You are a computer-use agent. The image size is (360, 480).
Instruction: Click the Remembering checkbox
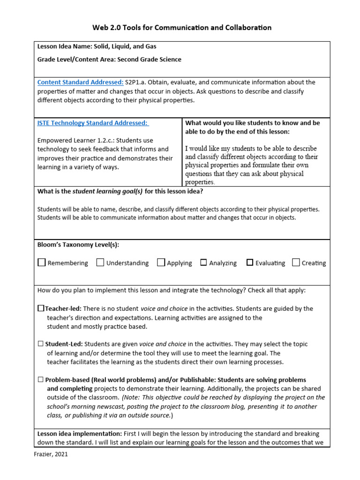click(42, 262)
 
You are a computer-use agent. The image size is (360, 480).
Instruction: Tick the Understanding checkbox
click(100, 262)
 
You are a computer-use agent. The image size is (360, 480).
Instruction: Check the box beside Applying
click(161, 262)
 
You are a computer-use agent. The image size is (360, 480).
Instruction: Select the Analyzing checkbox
click(203, 262)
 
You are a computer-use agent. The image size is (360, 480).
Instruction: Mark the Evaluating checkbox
click(249, 262)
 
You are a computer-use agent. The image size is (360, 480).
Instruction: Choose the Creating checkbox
click(296, 262)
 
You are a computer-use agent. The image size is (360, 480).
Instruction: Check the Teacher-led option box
click(41, 308)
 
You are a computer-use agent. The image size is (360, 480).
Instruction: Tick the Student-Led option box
click(40, 344)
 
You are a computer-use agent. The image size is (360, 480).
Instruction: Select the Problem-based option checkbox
click(40, 380)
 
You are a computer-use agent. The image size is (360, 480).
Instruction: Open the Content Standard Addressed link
click(80, 82)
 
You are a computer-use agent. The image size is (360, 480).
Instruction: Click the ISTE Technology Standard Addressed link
click(92, 123)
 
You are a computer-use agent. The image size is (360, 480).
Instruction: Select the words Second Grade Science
click(149, 60)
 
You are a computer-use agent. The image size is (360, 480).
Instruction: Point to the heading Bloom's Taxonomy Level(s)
click(78, 245)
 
